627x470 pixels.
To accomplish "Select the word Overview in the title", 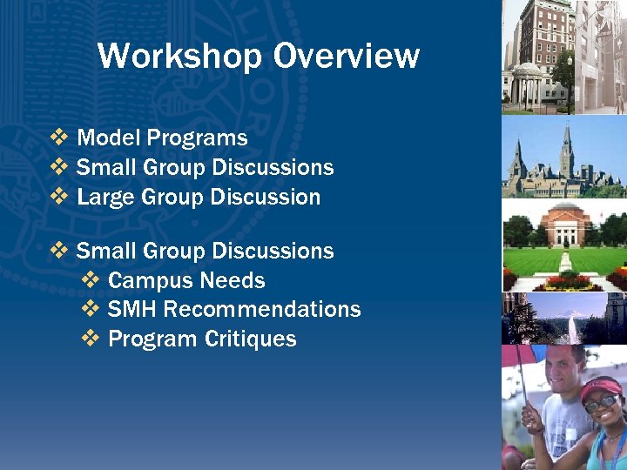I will click(346, 57).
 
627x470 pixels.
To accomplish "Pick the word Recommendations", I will click(262, 310).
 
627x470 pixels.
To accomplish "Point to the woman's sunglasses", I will click(600, 403).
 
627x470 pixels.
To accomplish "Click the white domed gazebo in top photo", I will click(526, 84).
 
